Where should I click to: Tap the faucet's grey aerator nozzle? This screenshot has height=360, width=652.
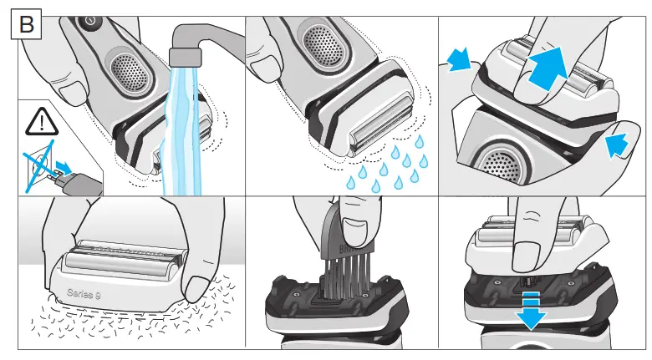(x=185, y=57)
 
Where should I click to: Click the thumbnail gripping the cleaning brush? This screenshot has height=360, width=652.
(x=362, y=226)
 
